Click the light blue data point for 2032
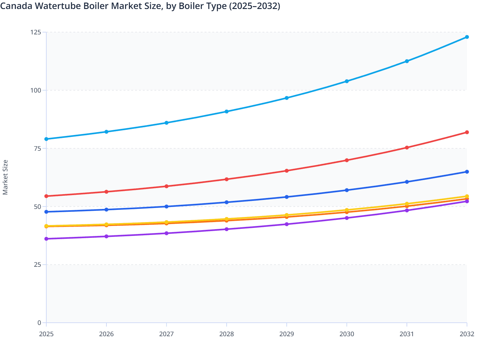pyautogui.click(x=467, y=37)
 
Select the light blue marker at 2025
pyautogui.click(x=46, y=139)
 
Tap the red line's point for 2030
pyautogui.click(x=347, y=160)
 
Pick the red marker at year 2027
pyautogui.click(x=167, y=186)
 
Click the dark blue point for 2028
pyautogui.click(x=226, y=202)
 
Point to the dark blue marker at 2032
pyautogui.click(x=467, y=172)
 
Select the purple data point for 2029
pyautogui.click(x=287, y=224)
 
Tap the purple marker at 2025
pyautogui.click(x=46, y=239)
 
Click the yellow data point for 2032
pyautogui.click(x=467, y=196)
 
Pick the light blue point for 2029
pyautogui.click(x=287, y=98)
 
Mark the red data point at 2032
pyautogui.click(x=467, y=132)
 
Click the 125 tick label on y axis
pyautogui.click(x=36, y=32)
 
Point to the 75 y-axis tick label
pyautogui.click(x=37, y=148)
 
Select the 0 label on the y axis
pyautogui.click(x=39, y=323)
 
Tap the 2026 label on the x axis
pyautogui.click(x=106, y=334)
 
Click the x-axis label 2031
pyautogui.click(x=407, y=334)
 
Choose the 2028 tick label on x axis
pyautogui.click(x=226, y=334)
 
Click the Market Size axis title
pyautogui.click(x=5, y=177)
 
